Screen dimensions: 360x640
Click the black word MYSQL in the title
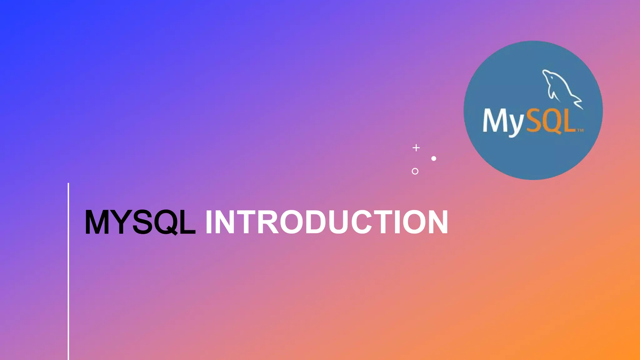(140, 222)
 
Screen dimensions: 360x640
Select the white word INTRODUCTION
(327, 222)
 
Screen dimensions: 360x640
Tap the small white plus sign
(416, 147)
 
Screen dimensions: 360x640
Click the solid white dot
(434, 158)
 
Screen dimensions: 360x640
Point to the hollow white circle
(415, 171)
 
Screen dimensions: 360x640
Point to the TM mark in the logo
(580, 130)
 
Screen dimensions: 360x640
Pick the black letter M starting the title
(97, 222)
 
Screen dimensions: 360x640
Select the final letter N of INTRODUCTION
(437, 222)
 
